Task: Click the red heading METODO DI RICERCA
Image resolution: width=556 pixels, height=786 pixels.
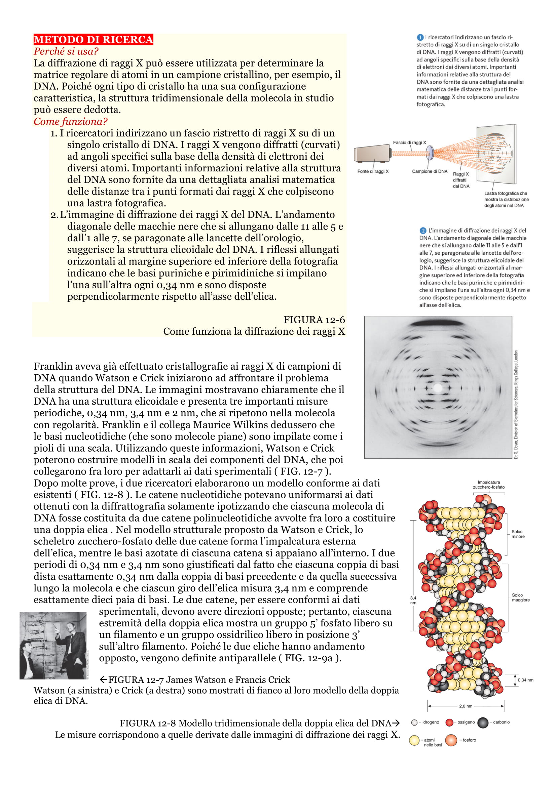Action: pyautogui.click(x=93, y=39)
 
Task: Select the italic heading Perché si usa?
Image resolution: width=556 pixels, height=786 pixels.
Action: pyautogui.click(x=66, y=51)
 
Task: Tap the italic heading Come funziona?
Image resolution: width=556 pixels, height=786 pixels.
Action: pyautogui.click(x=70, y=122)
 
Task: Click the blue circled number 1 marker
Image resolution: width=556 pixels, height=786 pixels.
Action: pyautogui.click(x=420, y=37)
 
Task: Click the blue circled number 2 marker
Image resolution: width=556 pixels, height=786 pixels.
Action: pyautogui.click(x=423, y=231)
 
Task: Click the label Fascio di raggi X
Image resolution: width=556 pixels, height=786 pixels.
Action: pyautogui.click(x=409, y=142)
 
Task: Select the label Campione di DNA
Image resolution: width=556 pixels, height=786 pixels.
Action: pyautogui.click(x=430, y=171)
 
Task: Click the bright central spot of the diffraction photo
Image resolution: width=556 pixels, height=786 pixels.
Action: pyautogui.click(x=438, y=388)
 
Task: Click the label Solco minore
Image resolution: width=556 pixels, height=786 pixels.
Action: pyautogui.click(x=518, y=534)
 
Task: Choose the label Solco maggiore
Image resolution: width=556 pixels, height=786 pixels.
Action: pyautogui.click(x=520, y=597)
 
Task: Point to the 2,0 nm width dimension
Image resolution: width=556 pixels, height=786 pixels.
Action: pyautogui.click(x=466, y=706)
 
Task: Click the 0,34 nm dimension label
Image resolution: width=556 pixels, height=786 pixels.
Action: pyautogui.click(x=525, y=680)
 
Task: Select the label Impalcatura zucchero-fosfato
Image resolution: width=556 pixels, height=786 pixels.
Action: pyautogui.click(x=488, y=485)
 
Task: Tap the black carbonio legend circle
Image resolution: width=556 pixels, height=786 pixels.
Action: pyautogui.click(x=483, y=722)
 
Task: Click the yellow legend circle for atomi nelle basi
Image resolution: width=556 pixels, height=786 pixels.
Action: pyautogui.click(x=414, y=741)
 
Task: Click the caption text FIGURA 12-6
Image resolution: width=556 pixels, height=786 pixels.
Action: pyautogui.click(x=314, y=320)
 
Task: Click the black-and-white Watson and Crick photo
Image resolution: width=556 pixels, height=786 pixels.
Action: pyautogui.click(x=53, y=645)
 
